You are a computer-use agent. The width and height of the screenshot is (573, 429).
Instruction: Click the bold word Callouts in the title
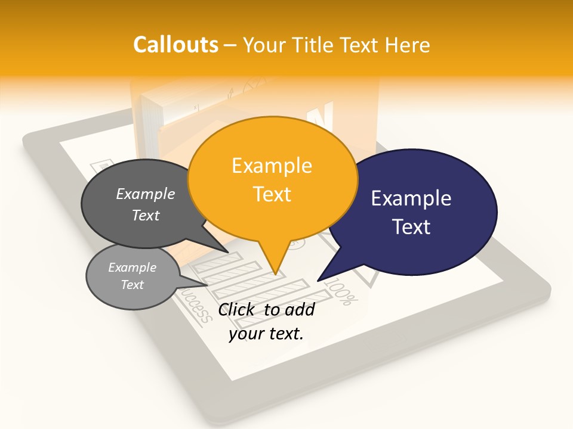point(175,45)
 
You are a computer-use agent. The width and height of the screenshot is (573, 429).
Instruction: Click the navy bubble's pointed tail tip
point(318,280)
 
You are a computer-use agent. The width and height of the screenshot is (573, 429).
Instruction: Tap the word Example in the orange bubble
point(272,166)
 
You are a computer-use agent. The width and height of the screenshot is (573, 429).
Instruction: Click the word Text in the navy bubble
point(411,227)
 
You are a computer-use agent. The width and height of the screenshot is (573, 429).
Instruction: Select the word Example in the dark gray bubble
point(146,194)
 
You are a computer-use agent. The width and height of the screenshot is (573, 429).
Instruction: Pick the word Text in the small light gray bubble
point(132,285)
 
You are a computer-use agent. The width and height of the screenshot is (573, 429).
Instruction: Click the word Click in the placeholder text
point(238,309)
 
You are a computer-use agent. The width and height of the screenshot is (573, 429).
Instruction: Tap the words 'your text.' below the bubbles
point(266,334)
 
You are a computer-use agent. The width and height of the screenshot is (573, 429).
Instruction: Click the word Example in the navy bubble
point(411,198)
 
